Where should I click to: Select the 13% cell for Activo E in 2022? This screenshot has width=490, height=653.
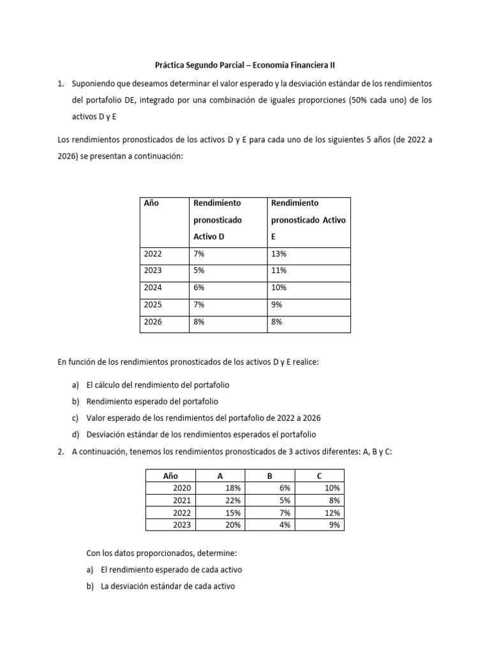(x=279, y=253)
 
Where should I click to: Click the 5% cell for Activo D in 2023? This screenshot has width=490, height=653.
(x=198, y=270)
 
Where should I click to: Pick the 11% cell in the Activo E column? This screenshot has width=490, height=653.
(x=279, y=270)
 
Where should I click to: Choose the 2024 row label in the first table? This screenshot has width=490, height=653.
(x=153, y=288)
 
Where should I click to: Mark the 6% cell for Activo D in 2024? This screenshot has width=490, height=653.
(x=198, y=288)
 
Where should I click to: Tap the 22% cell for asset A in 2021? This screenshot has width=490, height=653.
(x=233, y=501)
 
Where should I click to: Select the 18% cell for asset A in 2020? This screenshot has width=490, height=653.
(x=233, y=488)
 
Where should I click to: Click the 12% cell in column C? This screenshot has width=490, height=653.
(x=333, y=513)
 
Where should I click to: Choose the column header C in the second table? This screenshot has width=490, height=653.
(x=319, y=476)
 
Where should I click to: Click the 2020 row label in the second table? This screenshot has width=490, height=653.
(x=182, y=488)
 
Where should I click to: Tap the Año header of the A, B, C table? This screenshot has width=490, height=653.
(x=170, y=476)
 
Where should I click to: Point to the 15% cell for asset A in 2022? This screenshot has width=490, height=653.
(x=233, y=513)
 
